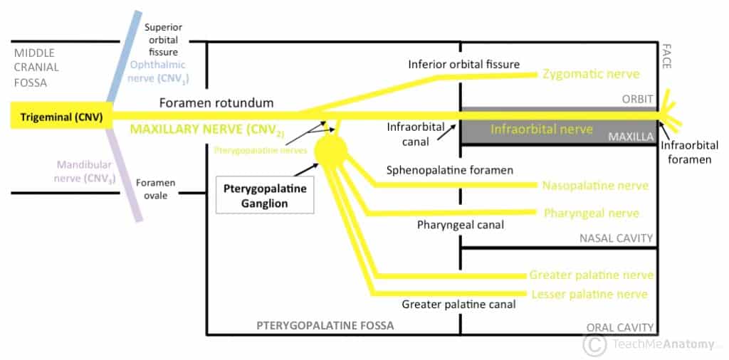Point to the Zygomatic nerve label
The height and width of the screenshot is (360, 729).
pos(590,74)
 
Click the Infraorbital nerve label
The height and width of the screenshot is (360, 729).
pos(541,129)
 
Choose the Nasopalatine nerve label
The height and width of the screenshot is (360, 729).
pos(595,186)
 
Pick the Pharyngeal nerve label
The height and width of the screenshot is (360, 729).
pos(591,213)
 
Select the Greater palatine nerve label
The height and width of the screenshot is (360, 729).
pos(591,275)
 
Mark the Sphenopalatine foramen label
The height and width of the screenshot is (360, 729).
pos(449,171)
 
